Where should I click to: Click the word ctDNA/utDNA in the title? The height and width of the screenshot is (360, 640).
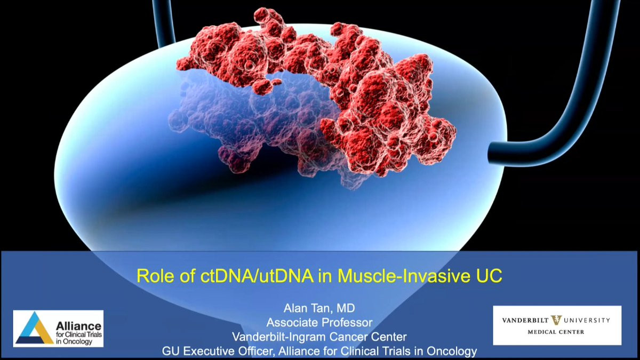click(x=257, y=276)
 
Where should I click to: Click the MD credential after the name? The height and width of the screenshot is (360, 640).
click(x=346, y=308)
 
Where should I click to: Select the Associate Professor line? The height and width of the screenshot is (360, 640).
click(x=319, y=323)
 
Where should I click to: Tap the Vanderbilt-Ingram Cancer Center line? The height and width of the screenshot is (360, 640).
click(x=319, y=337)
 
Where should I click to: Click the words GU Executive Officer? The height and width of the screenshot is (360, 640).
click(x=218, y=351)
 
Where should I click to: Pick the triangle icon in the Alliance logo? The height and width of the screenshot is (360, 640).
click(x=35, y=329)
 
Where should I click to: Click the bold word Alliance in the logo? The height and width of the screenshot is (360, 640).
click(x=78, y=326)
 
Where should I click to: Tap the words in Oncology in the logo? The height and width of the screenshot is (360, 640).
click(x=74, y=342)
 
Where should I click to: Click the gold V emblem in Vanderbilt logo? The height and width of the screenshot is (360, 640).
click(x=556, y=320)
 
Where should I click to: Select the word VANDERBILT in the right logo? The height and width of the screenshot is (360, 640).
click(x=525, y=321)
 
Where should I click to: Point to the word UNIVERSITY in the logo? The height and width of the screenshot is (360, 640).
click(x=587, y=321)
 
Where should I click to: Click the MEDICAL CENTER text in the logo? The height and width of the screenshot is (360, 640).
click(x=556, y=332)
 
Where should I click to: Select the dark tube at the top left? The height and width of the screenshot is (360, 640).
click(x=164, y=23)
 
